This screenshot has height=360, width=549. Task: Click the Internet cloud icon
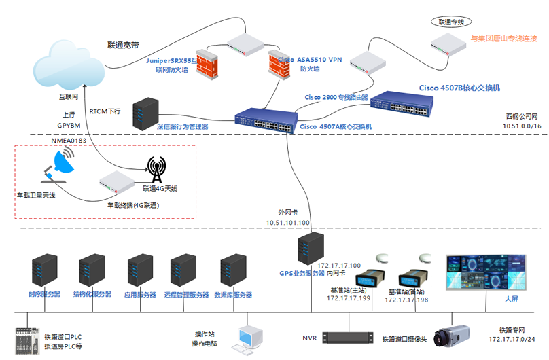[x=70, y=65]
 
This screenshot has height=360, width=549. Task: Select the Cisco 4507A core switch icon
[x=266, y=121]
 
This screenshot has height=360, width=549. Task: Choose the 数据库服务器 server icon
[x=234, y=272]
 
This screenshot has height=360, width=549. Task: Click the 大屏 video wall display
[x=485, y=272]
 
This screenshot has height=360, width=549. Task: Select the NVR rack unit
[x=349, y=338]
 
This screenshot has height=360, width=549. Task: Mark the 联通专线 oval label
[x=451, y=22]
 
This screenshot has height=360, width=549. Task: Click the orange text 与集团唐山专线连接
[x=504, y=38]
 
